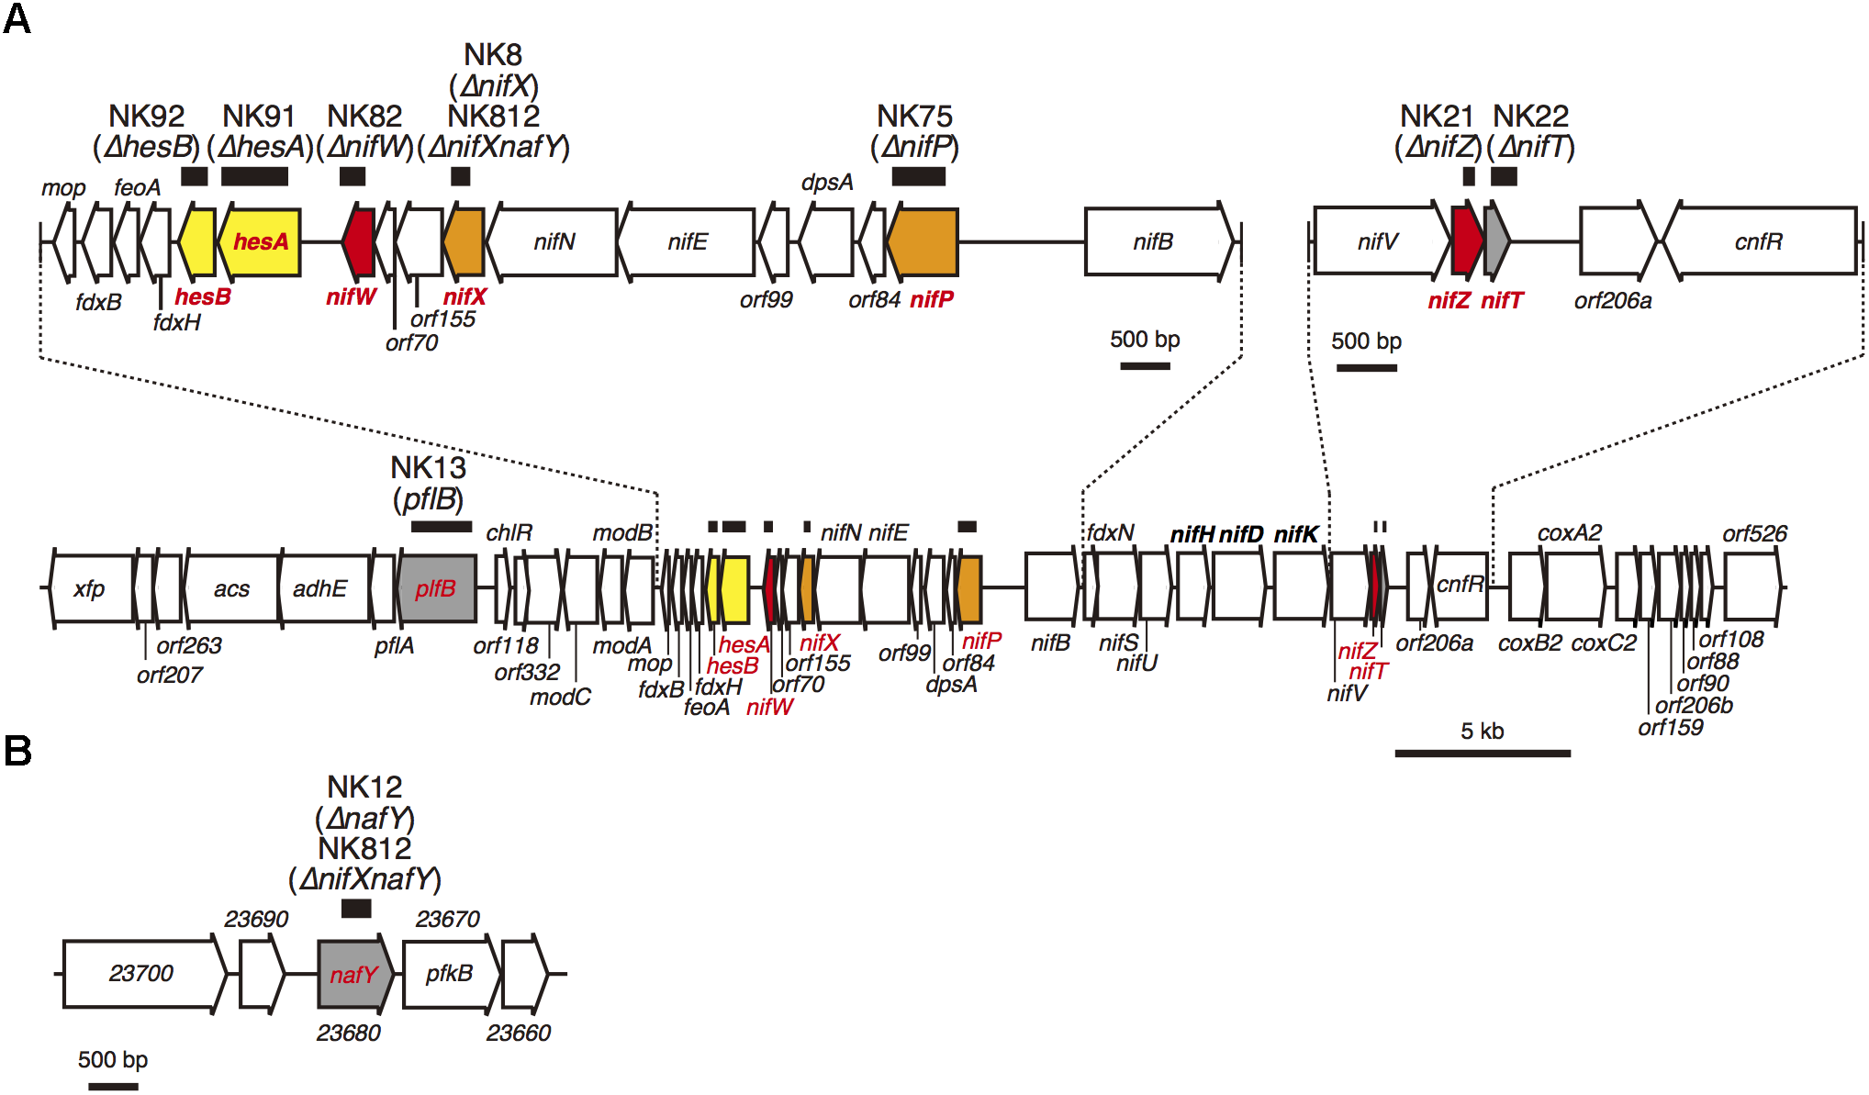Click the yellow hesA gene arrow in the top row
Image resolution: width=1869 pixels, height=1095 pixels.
260,242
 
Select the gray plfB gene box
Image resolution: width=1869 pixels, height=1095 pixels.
437,588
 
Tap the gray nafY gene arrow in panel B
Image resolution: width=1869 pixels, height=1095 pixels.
354,974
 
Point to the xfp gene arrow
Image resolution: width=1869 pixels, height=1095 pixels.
91,588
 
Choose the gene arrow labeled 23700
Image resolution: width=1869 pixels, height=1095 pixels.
142,974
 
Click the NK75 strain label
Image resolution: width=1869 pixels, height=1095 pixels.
914,117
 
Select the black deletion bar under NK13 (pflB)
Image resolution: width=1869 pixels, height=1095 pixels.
442,526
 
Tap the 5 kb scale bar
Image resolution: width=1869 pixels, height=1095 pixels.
1482,753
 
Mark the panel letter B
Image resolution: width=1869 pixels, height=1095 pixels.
17,751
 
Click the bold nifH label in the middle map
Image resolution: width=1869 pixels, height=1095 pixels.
1192,534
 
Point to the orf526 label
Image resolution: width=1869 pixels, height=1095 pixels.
1754,533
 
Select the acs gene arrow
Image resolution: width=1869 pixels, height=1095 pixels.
231,588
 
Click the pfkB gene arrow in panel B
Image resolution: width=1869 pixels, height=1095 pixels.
450,974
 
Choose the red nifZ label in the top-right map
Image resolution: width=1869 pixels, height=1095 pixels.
1449,300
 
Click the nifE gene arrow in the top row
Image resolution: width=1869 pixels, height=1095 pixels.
688,241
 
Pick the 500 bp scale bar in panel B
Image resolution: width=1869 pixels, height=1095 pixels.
113,1086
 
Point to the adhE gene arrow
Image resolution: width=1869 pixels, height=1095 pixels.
321,588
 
